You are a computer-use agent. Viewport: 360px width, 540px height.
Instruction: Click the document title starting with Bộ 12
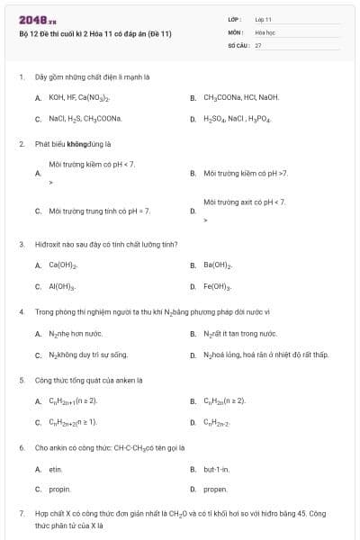point(94,34)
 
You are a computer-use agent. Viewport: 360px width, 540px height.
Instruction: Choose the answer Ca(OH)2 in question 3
point(63,265)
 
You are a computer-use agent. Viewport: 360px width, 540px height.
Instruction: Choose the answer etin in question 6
point(55,469)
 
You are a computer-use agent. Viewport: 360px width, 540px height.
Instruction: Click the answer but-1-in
point(217,469)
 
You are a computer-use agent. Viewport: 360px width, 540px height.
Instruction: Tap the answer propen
point(216,490)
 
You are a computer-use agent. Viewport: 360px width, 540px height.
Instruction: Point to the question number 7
point(21,513)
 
